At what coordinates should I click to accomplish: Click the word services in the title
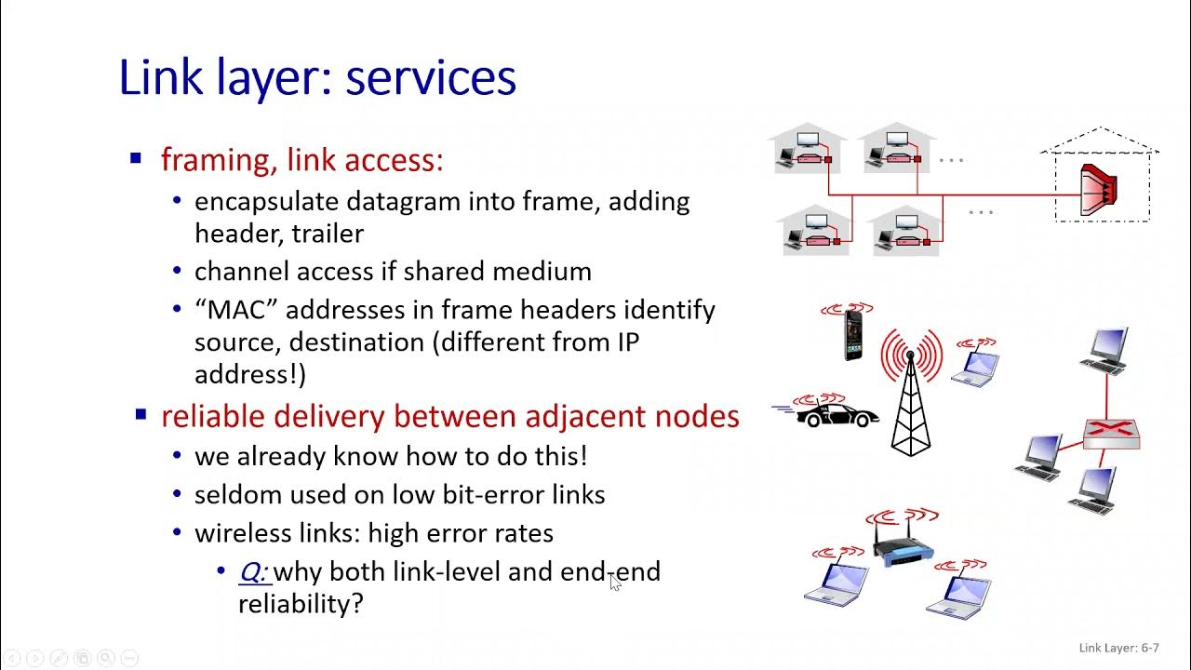(431, 78)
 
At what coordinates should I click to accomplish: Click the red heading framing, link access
(301, 160)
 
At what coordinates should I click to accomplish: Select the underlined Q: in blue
(253, 571)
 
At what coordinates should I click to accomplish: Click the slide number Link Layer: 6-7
(1118, 648)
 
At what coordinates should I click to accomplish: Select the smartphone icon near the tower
(852, 335)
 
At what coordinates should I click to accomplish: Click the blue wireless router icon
(903, 548)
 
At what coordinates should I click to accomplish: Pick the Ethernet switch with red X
(1111, 433)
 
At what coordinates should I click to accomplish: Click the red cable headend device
(1098, 190)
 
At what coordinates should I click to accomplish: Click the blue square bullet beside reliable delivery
(141, 415)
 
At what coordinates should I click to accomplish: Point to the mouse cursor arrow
(615, 583)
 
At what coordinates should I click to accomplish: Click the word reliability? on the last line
(301, 604)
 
